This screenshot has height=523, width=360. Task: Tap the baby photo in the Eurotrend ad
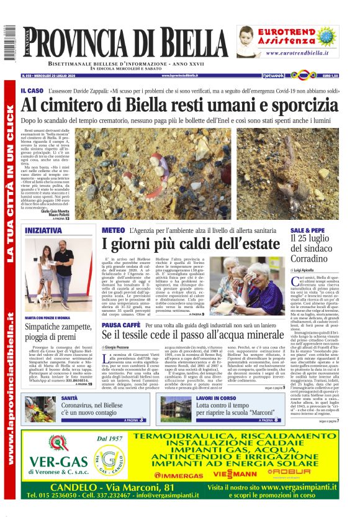click(248, 41)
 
